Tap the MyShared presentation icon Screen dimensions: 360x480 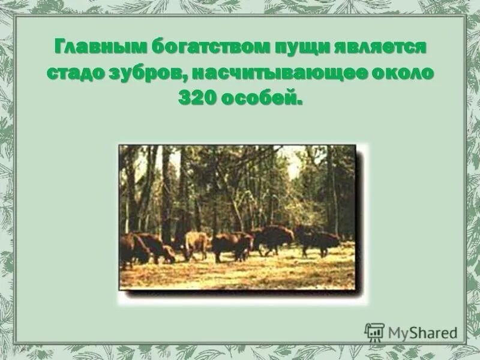(x=374, y=332)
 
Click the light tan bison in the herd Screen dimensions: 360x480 (x=196, y=243)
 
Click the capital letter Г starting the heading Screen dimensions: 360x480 (x=59, y=47)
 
